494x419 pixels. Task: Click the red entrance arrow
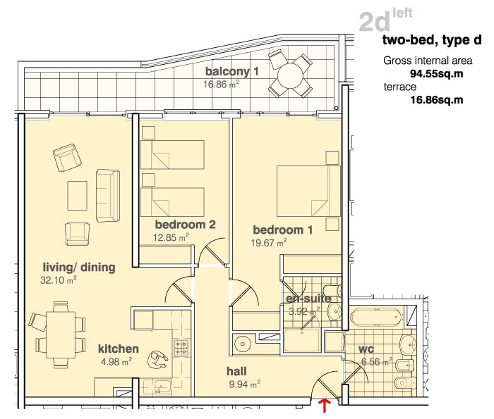[325, 405]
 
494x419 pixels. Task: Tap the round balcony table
[290, 76]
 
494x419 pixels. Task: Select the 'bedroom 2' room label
[185, 225]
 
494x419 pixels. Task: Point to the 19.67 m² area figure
[269, 243]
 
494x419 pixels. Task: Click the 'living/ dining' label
[79, 267]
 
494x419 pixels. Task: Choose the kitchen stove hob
[181, 348]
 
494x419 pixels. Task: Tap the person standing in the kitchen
[158, 361]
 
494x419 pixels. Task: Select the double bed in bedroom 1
[308, 191]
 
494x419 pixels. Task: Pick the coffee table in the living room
[77, 196]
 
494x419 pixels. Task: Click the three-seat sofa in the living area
[108, 196]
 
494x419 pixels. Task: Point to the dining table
[61, 334]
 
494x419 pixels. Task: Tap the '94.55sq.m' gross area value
[436, 74]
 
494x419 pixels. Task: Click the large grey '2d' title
[375, 23]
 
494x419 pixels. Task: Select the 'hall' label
[236, 371]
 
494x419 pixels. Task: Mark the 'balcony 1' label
[232, 71]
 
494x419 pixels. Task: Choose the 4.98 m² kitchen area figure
[116, 362]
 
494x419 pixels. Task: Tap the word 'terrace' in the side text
[400, 87]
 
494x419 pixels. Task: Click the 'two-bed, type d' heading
[432, 40]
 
